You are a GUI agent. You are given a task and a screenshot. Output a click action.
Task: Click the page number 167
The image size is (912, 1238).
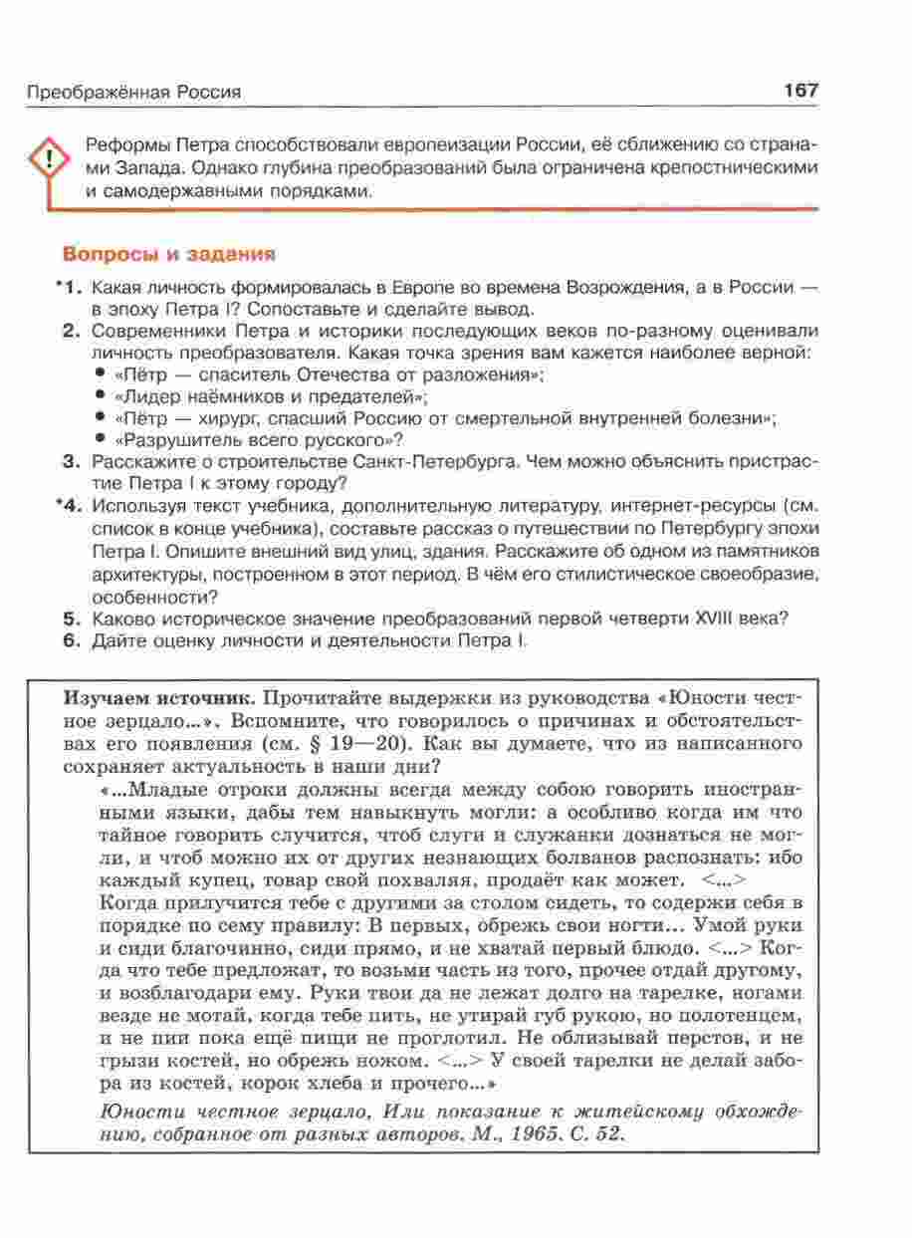[x=800, y=91]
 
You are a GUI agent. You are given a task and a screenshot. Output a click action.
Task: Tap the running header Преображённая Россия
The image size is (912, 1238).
[x=134, y=93]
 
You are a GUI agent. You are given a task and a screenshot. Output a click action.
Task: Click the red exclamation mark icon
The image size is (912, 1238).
[x=46, y=162]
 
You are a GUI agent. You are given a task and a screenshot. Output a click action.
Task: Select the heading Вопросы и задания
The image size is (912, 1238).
[x=168, y=254]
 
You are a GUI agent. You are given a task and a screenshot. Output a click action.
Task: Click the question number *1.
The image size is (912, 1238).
[x=68, y=288]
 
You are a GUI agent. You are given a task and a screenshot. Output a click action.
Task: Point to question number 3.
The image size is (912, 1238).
[x=71, y=462]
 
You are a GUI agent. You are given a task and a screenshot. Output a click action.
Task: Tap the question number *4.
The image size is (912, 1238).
[x=68, y=506]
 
